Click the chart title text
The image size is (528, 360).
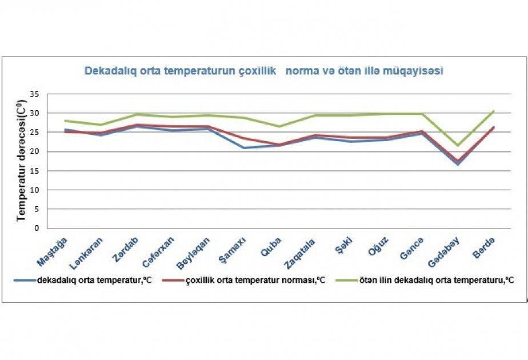click(264, 71)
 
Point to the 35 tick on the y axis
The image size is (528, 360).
click(35, 94)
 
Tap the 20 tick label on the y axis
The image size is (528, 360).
click(35, 151)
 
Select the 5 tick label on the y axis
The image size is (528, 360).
click(37, 209)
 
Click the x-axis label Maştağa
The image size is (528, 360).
click(53, 251)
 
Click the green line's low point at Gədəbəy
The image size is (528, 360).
click(457, 145)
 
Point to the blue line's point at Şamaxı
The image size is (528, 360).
click(244, 148)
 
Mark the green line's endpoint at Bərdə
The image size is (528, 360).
click(493, 111)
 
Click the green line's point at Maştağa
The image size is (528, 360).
click(66, 121)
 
